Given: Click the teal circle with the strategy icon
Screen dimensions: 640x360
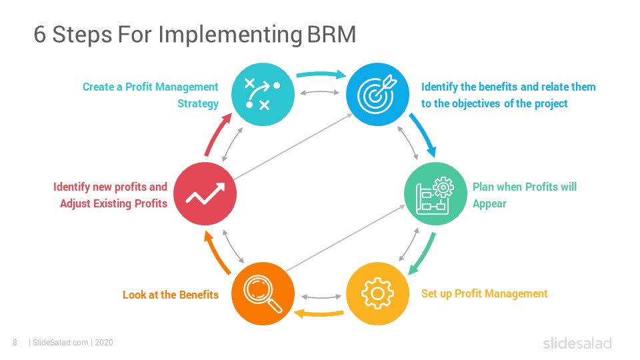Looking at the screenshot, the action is (263, 94).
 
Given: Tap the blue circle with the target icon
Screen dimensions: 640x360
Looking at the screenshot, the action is (377, 94).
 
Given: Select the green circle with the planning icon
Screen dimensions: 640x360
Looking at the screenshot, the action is (435, 194).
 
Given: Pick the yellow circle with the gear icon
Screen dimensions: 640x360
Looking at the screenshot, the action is (377, 293).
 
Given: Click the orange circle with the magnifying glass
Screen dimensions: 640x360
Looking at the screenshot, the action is (263, 293).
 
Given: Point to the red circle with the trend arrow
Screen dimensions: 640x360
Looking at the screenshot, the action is (205, 194).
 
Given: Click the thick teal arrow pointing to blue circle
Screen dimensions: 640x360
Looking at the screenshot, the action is (321, 74).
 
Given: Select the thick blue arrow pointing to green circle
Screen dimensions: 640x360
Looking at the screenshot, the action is (425, 134).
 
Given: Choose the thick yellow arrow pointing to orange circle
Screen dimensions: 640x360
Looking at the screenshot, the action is (319, 314).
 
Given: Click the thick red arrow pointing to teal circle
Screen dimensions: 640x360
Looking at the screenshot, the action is (216, 135).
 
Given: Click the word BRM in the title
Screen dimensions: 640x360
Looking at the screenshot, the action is (331, 34).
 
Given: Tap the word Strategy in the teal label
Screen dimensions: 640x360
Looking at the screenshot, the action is (198, 104).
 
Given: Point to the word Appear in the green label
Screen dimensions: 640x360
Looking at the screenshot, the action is (489, 204).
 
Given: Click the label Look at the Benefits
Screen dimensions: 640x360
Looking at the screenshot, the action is (171, 295).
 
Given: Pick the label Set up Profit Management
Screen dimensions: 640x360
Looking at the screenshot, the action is (485, 294).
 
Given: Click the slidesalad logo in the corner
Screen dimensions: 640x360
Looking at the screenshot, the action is (577, 343).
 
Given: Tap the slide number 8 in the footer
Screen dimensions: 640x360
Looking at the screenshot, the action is (15, 343).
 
